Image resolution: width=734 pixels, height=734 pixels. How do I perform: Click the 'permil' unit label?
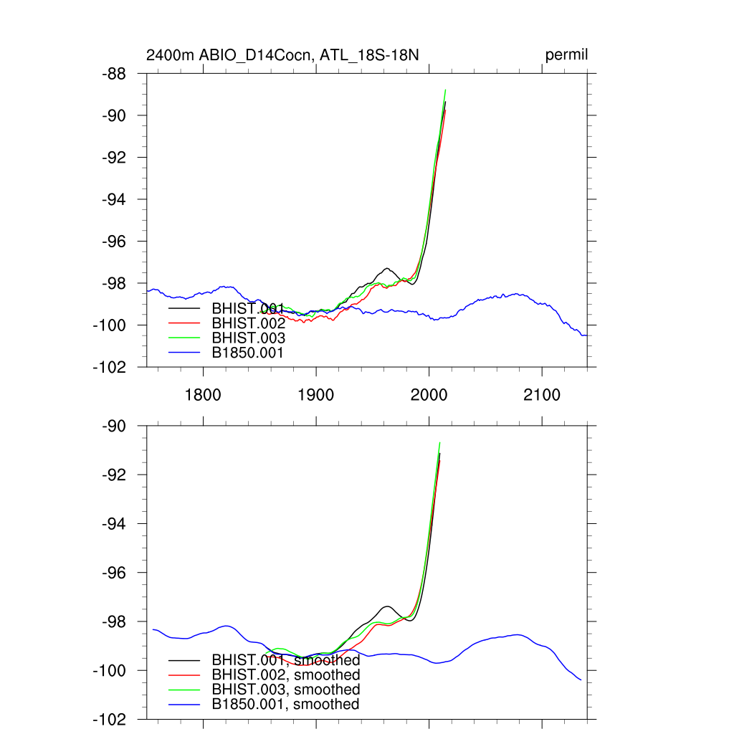click(567, 55)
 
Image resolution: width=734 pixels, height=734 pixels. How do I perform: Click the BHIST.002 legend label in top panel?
click(248, 323)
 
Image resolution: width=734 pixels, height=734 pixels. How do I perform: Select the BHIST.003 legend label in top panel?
click(248, 338)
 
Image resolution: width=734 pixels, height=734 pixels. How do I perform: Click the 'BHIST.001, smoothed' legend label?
click(285, 659)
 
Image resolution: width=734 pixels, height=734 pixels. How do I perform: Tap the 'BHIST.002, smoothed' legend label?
click(285, 675)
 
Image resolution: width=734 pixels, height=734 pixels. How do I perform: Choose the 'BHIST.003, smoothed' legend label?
click(285, 690)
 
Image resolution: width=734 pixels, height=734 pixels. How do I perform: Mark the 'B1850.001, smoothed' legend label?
click(285, 705)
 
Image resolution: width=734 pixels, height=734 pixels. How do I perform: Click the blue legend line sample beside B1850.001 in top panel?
click(184, 353)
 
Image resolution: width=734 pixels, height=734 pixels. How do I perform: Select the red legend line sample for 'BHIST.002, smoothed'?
click(184, 675)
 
